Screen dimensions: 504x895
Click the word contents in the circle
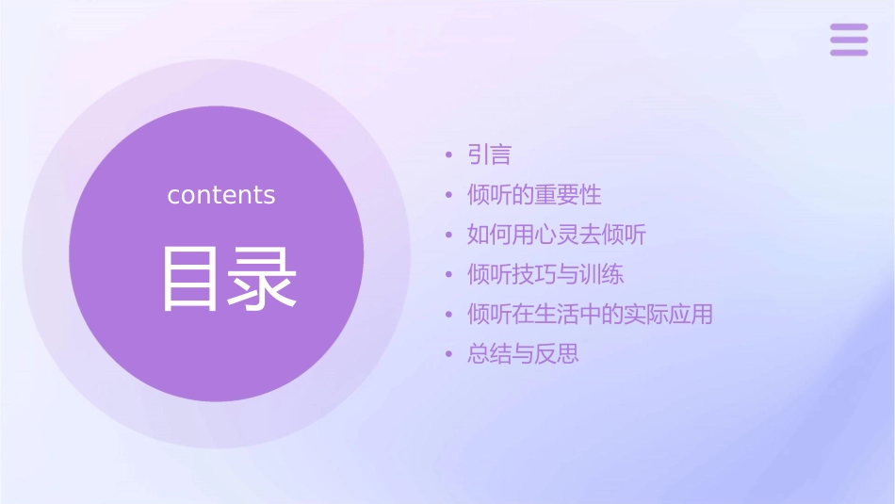[221, 195]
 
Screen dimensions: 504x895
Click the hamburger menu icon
[849, 40]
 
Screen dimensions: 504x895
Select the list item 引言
[489, 155]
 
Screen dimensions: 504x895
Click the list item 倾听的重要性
[534, 195]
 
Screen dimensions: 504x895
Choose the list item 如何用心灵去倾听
[557, 235]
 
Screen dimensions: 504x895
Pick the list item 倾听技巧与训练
[545, 274]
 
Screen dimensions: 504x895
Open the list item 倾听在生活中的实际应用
[590, 314]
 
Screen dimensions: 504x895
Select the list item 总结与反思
[523, 354]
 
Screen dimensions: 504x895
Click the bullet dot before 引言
[449, 155]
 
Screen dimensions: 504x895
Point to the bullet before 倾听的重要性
[449, 195]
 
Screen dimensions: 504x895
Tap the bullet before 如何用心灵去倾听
[449, 235]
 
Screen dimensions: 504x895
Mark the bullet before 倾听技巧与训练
[449, 274]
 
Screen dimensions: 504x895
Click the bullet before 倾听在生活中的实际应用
[449, 314]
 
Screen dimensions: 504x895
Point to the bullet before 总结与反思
[449, 354]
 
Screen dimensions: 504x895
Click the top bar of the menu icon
[849, 27]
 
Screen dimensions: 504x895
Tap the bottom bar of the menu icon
[849, 52]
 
